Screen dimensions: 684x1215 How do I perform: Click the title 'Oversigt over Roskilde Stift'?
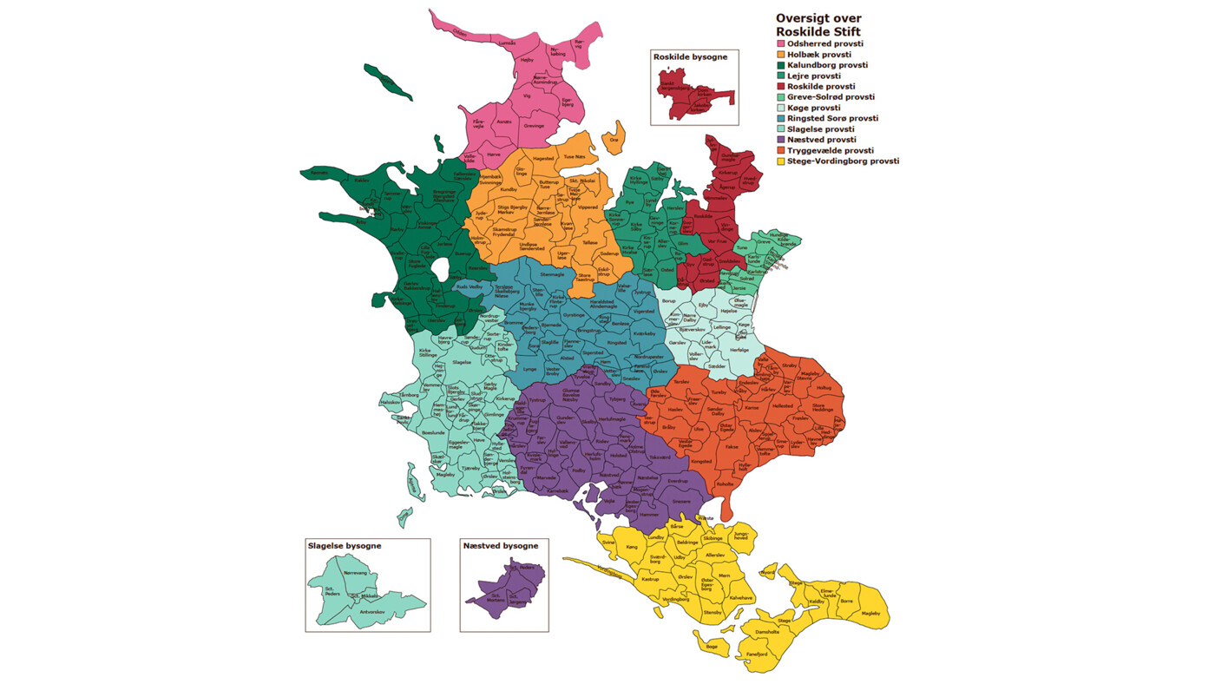818,24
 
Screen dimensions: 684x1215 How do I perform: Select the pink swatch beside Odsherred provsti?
781,43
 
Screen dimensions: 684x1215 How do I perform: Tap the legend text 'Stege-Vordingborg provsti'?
843,161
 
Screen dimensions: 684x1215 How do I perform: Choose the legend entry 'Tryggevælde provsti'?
831,150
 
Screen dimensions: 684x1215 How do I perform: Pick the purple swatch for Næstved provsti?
781,139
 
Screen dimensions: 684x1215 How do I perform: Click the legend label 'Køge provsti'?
813,108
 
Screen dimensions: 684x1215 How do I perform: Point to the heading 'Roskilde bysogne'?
690,56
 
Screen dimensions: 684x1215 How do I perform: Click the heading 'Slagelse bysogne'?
345,546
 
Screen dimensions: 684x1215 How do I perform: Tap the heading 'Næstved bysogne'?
501,546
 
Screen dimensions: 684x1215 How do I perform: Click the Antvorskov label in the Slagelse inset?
373,611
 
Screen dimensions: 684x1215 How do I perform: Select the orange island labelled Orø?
614,140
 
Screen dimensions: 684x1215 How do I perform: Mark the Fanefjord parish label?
757,654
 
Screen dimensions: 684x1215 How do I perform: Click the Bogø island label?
712,646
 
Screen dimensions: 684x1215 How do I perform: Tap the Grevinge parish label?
534,126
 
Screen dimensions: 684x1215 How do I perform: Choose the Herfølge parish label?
739,350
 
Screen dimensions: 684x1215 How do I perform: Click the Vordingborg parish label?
676,599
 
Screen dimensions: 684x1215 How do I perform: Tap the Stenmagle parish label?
552,274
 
